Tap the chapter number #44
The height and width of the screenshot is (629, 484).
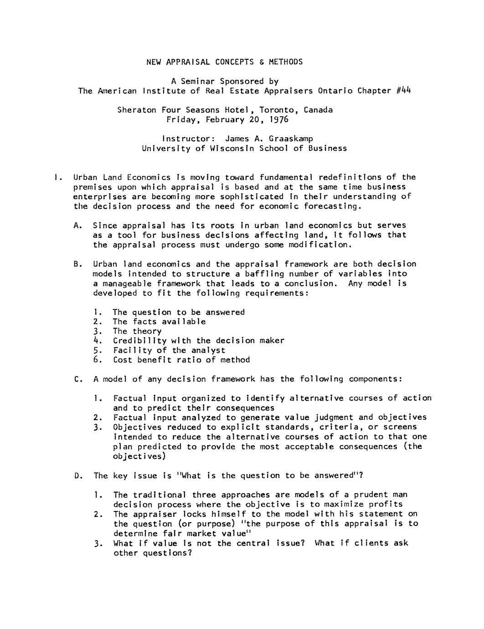404,90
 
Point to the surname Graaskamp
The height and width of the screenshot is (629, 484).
291,139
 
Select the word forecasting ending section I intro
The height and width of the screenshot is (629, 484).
333,206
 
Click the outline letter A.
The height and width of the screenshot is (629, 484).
77,226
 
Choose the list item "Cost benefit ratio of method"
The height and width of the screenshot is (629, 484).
181,360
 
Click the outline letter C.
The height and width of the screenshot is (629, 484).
77,379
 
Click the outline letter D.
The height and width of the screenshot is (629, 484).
77,476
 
